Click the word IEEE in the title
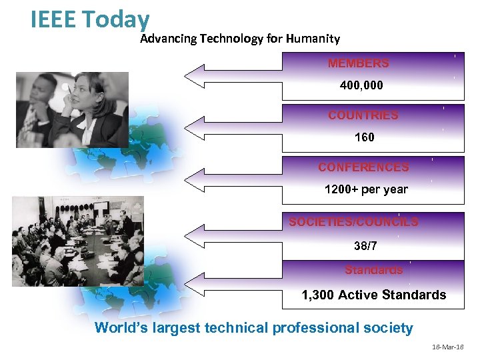54,20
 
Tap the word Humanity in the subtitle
313,39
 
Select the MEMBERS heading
358,64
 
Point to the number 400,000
361,85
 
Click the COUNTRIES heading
363,115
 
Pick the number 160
365,137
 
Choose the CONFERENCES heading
363,167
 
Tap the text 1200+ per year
365,189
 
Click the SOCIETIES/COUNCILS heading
353,222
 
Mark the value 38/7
365,246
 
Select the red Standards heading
373,270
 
